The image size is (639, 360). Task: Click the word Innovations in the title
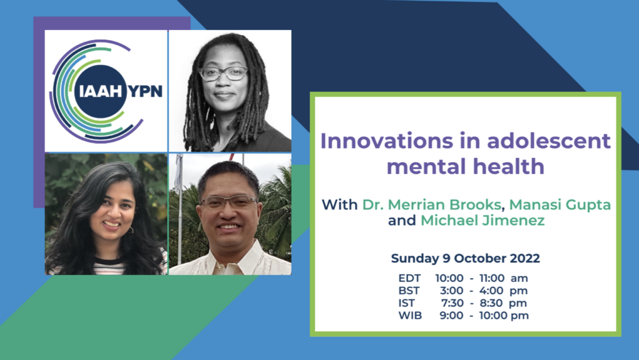[387, 141]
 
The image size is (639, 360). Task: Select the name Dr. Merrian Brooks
[432, 205]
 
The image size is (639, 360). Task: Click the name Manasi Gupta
[560, 205]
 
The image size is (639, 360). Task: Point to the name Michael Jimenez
[482, 220]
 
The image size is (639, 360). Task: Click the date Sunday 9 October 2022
[466, 258]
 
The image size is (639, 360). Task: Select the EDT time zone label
[409, 278]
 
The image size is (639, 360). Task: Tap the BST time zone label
[409, 291]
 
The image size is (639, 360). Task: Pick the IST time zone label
[406, 303]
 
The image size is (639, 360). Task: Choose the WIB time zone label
[410, 316]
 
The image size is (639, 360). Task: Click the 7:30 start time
[452, 303]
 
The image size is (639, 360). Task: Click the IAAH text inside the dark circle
[100, 92]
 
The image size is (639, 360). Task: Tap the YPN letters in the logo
[145, 92]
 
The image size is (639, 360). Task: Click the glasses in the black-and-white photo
[223, 74]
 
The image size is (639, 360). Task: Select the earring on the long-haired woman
[130, 230]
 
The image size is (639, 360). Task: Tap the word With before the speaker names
[339, 205]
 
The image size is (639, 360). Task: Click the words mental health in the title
[466, 167]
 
